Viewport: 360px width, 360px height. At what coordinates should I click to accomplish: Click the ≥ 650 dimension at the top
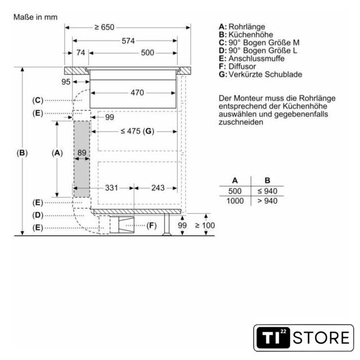(105, 28)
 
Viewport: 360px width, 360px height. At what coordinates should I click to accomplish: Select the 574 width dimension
(128, 41)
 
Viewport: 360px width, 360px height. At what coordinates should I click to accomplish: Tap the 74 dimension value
(80, 52)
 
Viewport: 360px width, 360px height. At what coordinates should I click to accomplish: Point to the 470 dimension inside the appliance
(137, 92)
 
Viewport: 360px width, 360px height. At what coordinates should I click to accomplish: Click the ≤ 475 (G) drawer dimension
(137, 131)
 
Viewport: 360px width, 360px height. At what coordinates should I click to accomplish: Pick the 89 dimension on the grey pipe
(82, 152)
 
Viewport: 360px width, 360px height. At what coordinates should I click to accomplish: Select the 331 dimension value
(111, 188)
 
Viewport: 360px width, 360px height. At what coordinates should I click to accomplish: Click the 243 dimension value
(158, 188)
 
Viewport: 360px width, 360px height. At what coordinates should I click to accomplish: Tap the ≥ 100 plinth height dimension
(205, 225)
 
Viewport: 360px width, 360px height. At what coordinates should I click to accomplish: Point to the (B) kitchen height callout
(22, 153)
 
